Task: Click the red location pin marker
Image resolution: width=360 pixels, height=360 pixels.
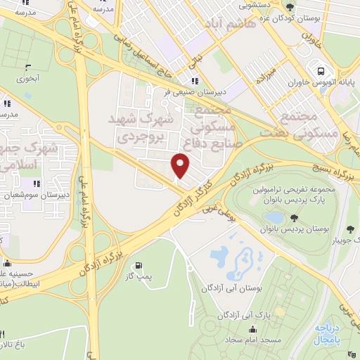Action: [x=181, y=166]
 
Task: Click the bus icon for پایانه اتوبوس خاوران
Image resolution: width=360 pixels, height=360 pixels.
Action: [x=321, y=71]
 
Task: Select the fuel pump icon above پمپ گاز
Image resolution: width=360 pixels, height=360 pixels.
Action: [x=138, y=266]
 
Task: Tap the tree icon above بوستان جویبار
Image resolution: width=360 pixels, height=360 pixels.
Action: [x=350, y=229]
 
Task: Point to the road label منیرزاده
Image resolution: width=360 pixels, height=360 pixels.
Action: [x=276, y=67]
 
